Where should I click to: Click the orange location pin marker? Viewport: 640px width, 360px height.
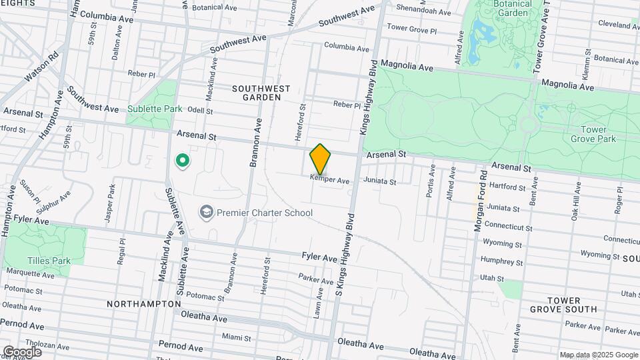[320, 159]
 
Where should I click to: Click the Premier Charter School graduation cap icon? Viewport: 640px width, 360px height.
[207, 213]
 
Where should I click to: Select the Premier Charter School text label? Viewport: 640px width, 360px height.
[265, 213]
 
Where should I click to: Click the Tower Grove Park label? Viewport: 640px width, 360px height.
[593, 134]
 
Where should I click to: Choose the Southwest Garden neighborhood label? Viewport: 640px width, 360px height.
[261, 93]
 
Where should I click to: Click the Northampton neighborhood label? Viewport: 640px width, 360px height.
[143, 303]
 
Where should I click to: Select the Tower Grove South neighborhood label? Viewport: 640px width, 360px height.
[563, 305]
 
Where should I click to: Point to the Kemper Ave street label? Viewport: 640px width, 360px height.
[330, 181]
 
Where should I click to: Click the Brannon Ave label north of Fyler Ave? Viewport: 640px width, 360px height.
[253, 145]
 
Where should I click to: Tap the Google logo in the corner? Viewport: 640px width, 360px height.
[22, 351]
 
